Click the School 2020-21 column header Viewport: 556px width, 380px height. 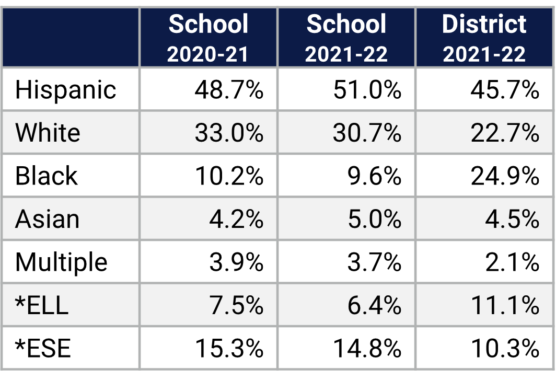click(208, 38)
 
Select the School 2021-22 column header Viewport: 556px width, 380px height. click(346, 38)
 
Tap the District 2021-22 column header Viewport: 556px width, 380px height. click(484, 38)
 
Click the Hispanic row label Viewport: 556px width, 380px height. click(65, 89)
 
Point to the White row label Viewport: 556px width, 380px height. click(48, 133)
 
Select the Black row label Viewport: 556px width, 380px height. click(47, 176)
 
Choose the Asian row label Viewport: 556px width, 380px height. click(48, 219)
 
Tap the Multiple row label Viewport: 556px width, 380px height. click(61, 262)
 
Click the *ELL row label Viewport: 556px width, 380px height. click(42, 305)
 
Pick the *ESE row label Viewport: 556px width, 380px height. click(43, 348)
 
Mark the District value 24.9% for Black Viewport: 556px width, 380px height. click(505, 177)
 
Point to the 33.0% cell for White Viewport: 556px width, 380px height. click(229, 133)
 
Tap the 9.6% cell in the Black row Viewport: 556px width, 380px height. click(375, 177)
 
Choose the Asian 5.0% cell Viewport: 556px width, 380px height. click(375, 220)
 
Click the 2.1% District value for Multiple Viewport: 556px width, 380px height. click(513, 262)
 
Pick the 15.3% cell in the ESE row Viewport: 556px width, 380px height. click(229, 348)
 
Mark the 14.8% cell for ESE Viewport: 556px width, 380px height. click(367, 348)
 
